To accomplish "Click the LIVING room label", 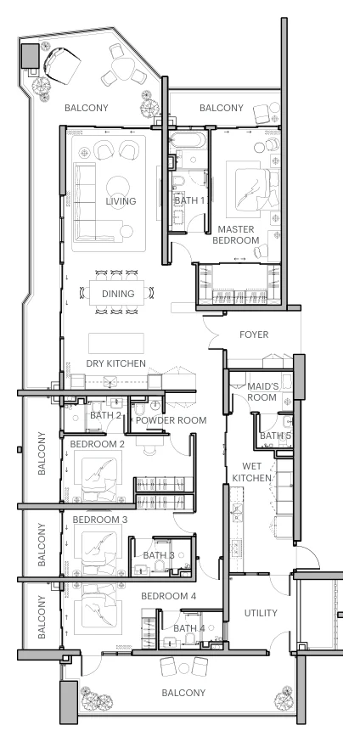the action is point(121,201).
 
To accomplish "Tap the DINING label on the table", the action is point(118,294).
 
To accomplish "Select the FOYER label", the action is point(254,335).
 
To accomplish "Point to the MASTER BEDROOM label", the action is point(236,234).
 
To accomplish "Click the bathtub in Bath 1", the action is point(188,141).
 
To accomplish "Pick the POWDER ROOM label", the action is point(172,420).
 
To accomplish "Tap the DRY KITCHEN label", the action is point(116,363).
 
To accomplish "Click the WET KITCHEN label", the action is point(251,472).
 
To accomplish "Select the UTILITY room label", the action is point(261,613).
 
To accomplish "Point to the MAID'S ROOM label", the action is point(262,392).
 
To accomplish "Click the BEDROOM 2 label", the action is point(98,444).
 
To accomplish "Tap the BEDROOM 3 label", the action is point(100,520).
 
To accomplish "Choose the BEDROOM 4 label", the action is point(168,596).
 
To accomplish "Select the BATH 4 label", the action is point(189,628).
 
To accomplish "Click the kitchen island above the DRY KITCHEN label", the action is point(116,343).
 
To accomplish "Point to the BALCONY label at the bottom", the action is point(183,693).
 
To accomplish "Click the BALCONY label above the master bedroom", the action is point(222,108).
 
